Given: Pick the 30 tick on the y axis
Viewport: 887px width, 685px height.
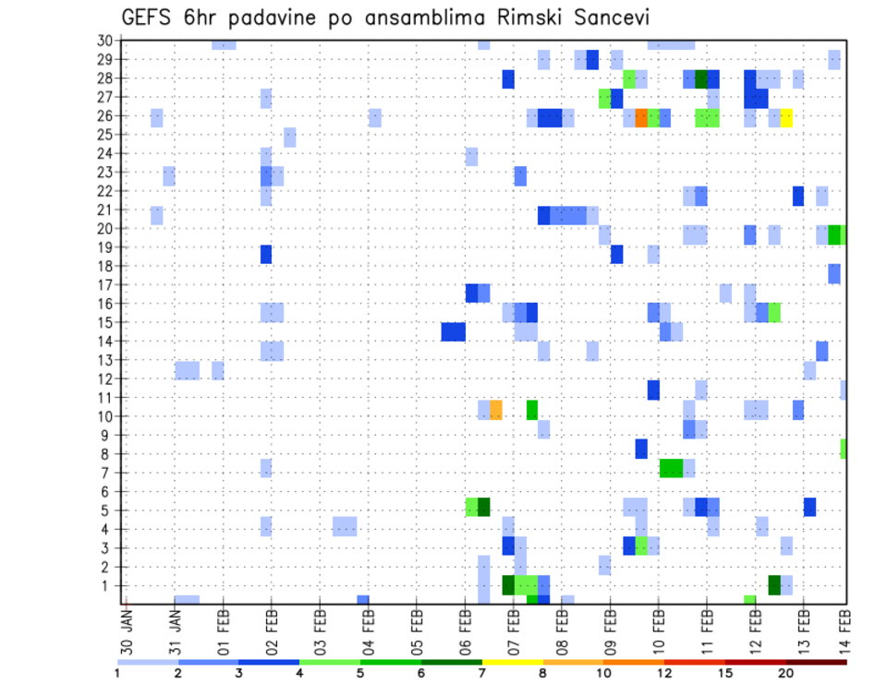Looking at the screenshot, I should (x=104, y=40).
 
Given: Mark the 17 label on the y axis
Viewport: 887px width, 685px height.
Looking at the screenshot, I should (x=104, y=284).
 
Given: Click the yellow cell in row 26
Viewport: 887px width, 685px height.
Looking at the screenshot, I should (x=786, y=117).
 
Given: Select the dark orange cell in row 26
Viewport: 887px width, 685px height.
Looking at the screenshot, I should (x=641, y=117).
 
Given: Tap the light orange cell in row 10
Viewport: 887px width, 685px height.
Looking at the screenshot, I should (x=496, y=409).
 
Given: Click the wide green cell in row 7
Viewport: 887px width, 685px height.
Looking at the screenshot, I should (x=671, y=468).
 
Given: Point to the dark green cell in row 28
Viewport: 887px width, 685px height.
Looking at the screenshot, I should (x=701, y=79).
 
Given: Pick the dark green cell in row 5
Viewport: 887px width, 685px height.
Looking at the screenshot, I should (x=483, y=507).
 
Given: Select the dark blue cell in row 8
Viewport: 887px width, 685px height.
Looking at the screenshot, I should (x=641, y=449).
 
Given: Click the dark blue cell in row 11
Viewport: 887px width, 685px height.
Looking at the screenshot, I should (x=653, y=390).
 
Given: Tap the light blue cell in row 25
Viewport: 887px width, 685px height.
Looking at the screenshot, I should (x=290, y=137).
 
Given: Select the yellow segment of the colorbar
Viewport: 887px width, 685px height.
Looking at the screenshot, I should (x=512, y=662).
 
